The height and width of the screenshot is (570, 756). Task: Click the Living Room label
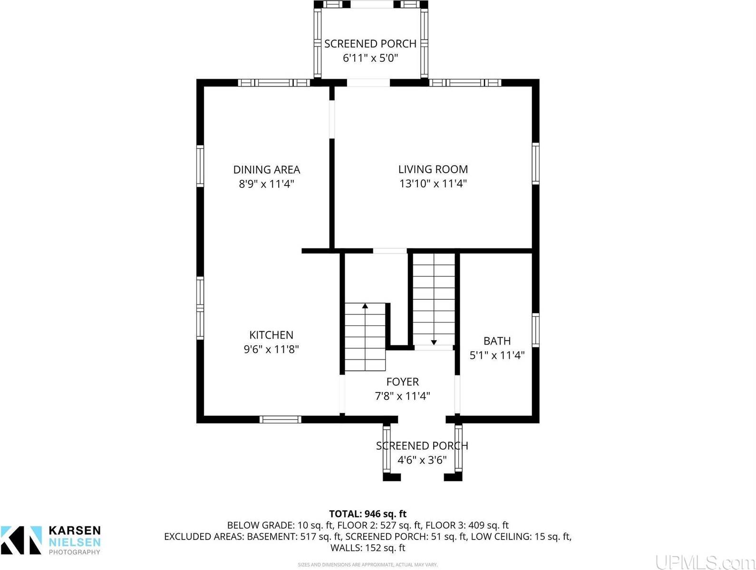pyautogui.click(x=433, y=169)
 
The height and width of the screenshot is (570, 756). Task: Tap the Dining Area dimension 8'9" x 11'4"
pyautogui.click(x=266, y=184)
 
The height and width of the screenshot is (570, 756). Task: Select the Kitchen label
pyautogui.click(x=271, y=335)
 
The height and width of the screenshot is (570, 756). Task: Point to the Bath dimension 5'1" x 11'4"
pyautogui.click(x=497, y=355)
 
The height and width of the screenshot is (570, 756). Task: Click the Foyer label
pyautogui.click(x=402, y=382)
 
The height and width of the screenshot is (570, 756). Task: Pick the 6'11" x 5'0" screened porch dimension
pyautogui.click(x=370, y=58)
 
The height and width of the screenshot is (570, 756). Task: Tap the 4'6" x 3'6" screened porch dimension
pyautogui.click(x=422, y=460)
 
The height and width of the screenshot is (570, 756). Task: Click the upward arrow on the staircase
pyautogui.click(x=365, y=306)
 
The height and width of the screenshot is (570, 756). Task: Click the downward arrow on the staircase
pyautogui.click(x=434, y=342)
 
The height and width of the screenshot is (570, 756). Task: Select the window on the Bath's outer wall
pyautogui.click(x=535, y=330)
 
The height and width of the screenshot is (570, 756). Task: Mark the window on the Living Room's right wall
pyautogui.click(x=535, y=164)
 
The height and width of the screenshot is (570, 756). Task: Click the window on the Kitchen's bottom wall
pyautogui.click(x=280, y=419)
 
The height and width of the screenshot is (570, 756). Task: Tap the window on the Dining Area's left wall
pyautogui.click(x=200, y=166)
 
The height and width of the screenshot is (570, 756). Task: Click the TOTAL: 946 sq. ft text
pyautogui.click(x=368, y=514)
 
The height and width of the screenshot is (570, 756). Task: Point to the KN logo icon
pyautogui.click(x=21, y=540)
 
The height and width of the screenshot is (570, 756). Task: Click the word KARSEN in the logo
pyautogui.click(x=75, y=531)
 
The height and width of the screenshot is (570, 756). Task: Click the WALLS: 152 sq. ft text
pyautogui.click(x=368, y=548)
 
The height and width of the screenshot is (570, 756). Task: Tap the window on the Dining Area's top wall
pyautogui.click(x=274, y=83)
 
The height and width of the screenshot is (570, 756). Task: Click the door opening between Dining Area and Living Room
pyautogui.click(x=332, y=119)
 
